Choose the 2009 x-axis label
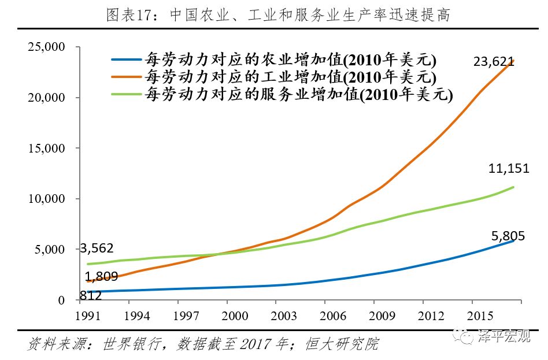383,316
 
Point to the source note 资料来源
203,345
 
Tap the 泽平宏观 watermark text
503,336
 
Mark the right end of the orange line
513,61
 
